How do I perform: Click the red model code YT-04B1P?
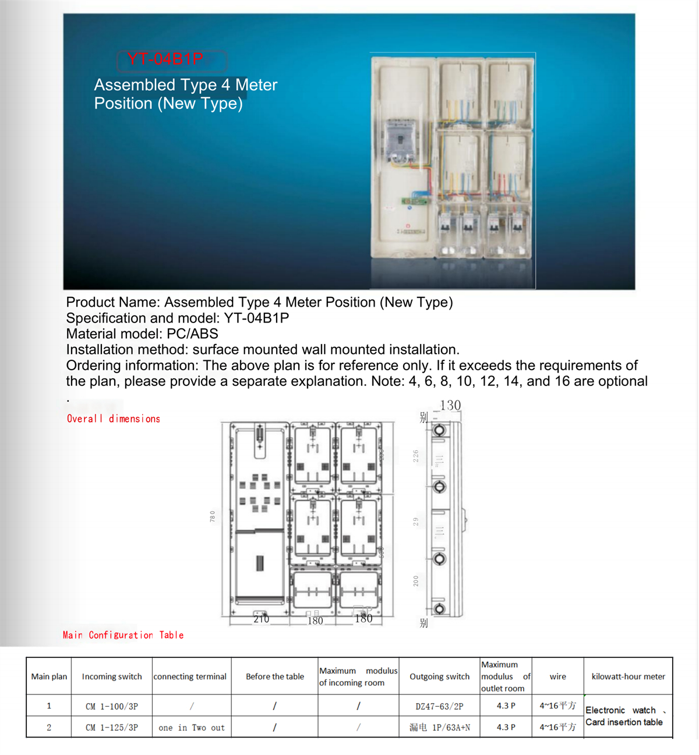click(x=165, y=59)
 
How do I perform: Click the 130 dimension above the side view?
click(x=450, y=405)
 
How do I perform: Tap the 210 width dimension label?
click(x=261, y=619)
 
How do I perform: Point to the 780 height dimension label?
click(x=213, y=516)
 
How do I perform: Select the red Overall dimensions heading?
click(x=114, y=419)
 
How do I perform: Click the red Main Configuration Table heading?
click(x=123, y=635)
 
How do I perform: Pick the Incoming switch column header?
click(x=112, y=676)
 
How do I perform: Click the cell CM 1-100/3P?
click(x=112, y=706)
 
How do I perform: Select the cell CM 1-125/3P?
click(x=112, y=728)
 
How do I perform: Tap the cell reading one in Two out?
click(x=192, y=728)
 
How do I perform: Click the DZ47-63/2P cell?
click(x=439, y=706)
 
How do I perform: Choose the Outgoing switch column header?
click(x=439, y=676)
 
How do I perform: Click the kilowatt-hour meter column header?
click(x=628, y=676)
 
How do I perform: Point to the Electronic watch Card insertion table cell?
click(x=624, y=717)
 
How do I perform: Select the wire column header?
click(x=557, y=676)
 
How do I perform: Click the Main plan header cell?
click(x=49, y=676)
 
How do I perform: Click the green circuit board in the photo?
click(x=415, y=201)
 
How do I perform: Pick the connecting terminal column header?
click(x=190, y=676)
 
